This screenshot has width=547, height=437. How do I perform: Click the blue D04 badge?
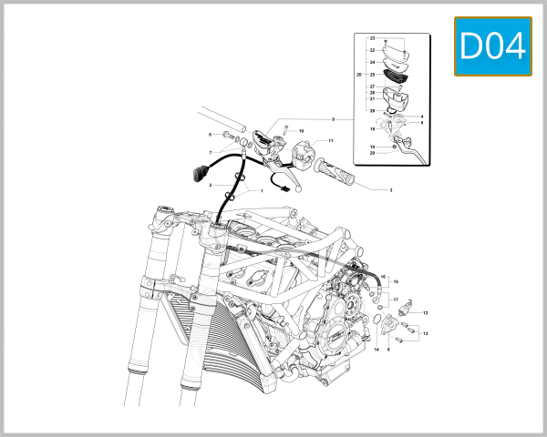pos(492,46)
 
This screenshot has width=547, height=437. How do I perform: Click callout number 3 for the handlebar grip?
pos(391,190)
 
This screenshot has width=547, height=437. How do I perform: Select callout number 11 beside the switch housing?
pos(331,141)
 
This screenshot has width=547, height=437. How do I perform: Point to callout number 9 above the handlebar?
pos(334,119)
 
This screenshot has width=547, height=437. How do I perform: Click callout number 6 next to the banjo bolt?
pos(209,134)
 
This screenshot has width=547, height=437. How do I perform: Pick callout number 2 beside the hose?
pos(211,185)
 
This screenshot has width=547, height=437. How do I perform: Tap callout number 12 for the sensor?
pos(426,313)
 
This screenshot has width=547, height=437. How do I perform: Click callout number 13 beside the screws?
pos(426,334)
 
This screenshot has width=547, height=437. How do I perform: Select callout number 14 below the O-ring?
pos(376,349)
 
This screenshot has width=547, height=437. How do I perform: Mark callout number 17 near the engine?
pos(396,299)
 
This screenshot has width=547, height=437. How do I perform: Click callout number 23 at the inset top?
pos(372,37)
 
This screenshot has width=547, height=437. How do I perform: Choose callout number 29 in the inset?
pos(372,110)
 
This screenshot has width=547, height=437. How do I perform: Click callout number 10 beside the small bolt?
pos(301,131)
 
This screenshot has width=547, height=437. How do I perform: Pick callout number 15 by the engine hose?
pos(396,282)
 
